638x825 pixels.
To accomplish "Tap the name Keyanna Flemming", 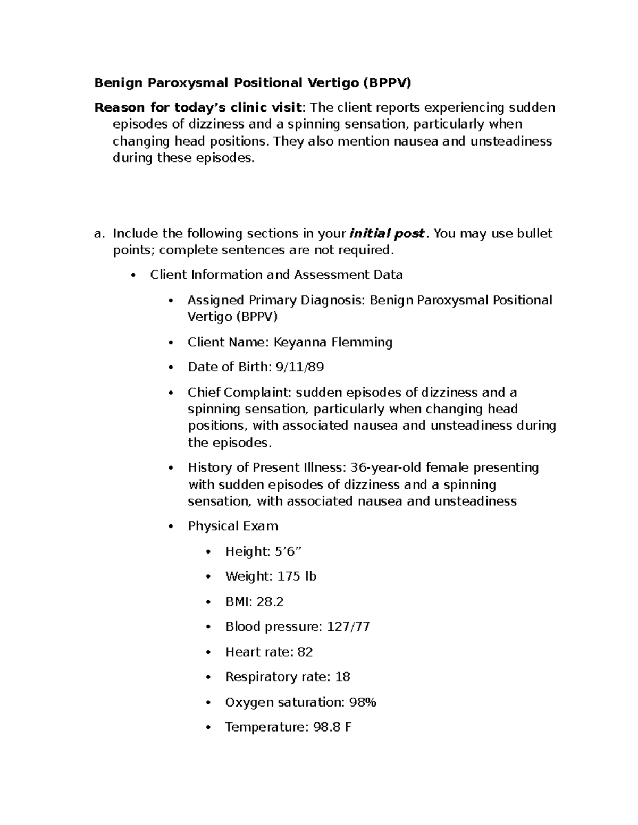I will click(333, 342).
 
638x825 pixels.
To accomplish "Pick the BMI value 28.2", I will click(270, 602).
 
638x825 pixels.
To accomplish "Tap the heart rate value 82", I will click(305, 652).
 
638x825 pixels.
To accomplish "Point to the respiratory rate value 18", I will click(342, 677).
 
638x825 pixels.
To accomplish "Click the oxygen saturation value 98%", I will click(363, 702).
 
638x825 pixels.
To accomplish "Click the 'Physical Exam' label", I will click(233, 526).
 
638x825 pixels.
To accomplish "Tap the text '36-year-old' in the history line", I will click(383, 468).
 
